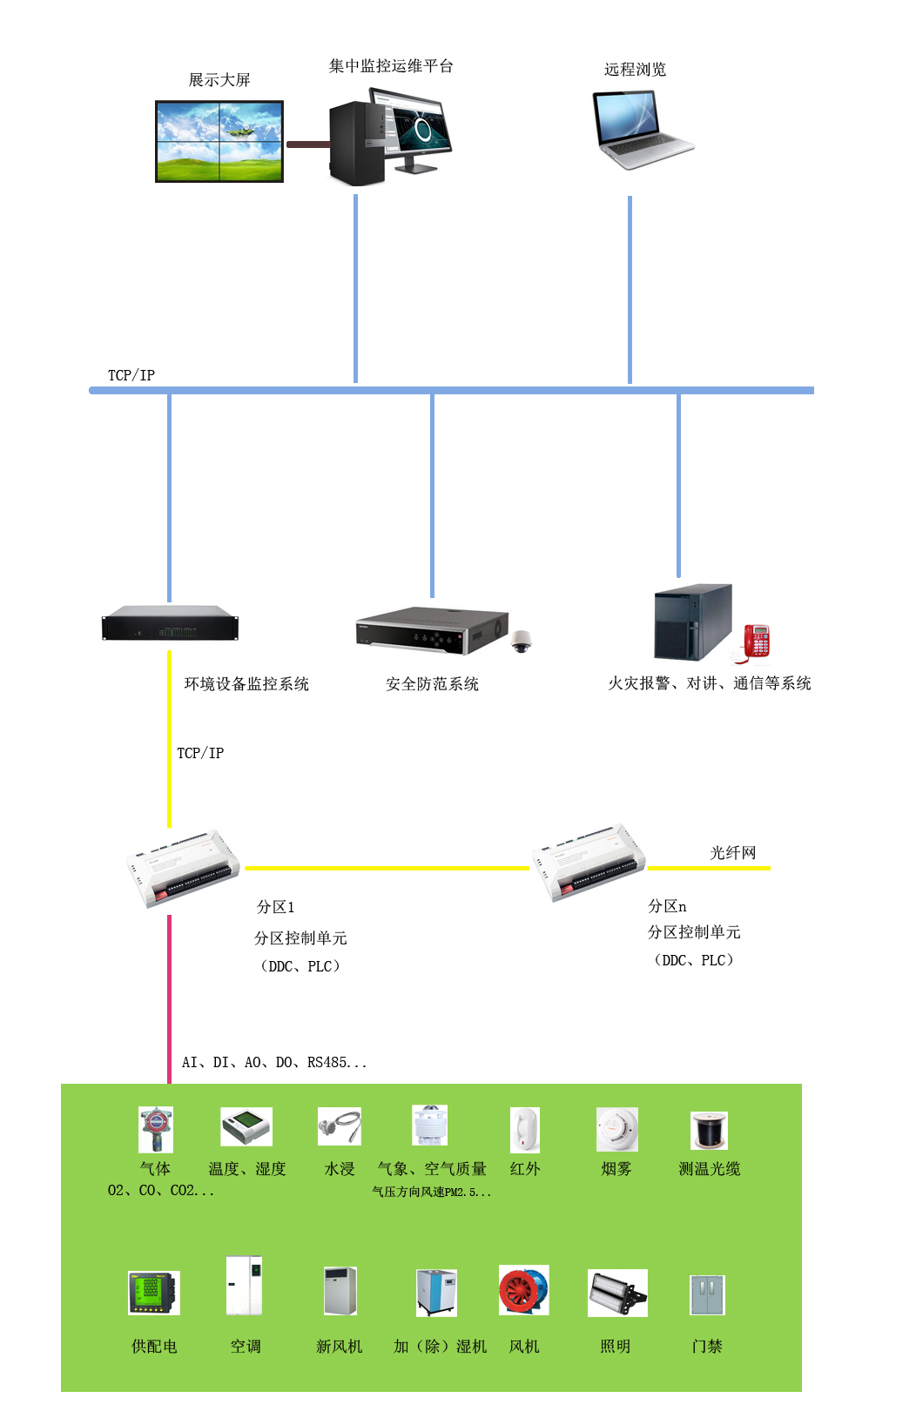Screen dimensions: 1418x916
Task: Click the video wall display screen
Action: click(219, 141)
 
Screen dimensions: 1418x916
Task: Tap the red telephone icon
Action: click(756, 642)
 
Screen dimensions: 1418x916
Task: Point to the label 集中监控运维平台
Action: click(391, 66)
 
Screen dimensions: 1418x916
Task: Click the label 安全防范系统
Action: click(432, 684)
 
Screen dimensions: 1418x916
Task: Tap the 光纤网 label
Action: click(733, 852)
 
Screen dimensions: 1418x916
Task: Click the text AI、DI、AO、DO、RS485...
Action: click(273, 1062)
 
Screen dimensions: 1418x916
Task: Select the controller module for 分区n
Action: click(589, 862)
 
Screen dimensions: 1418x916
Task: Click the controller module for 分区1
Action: click(183, 869)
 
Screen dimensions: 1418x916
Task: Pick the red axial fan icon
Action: click(523, 1290)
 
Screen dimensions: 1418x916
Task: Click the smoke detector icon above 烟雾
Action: click(616, 1130)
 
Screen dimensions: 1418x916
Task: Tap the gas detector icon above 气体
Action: click(156, 1129)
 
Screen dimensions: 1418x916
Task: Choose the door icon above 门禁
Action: click(707, 1294)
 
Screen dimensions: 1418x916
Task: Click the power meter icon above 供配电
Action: click(154, 1293)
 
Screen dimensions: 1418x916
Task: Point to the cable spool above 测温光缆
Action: click(709, 1130)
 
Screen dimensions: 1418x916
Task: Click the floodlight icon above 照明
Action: click(617, 1293)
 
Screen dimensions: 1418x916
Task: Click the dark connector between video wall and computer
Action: click(307, 144)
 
